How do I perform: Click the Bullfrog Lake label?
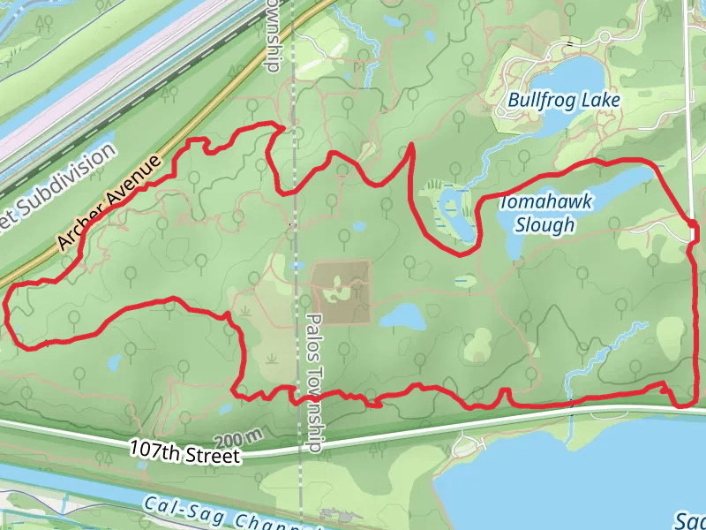coord(564,100)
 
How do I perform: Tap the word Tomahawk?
coord(545,202)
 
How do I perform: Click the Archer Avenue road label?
coord(111,202)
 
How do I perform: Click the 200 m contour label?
coord(238,438)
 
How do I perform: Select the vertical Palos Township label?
coord(315,383)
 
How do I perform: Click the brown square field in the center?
coord(341,291)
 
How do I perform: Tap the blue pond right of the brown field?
coord(402,315)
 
